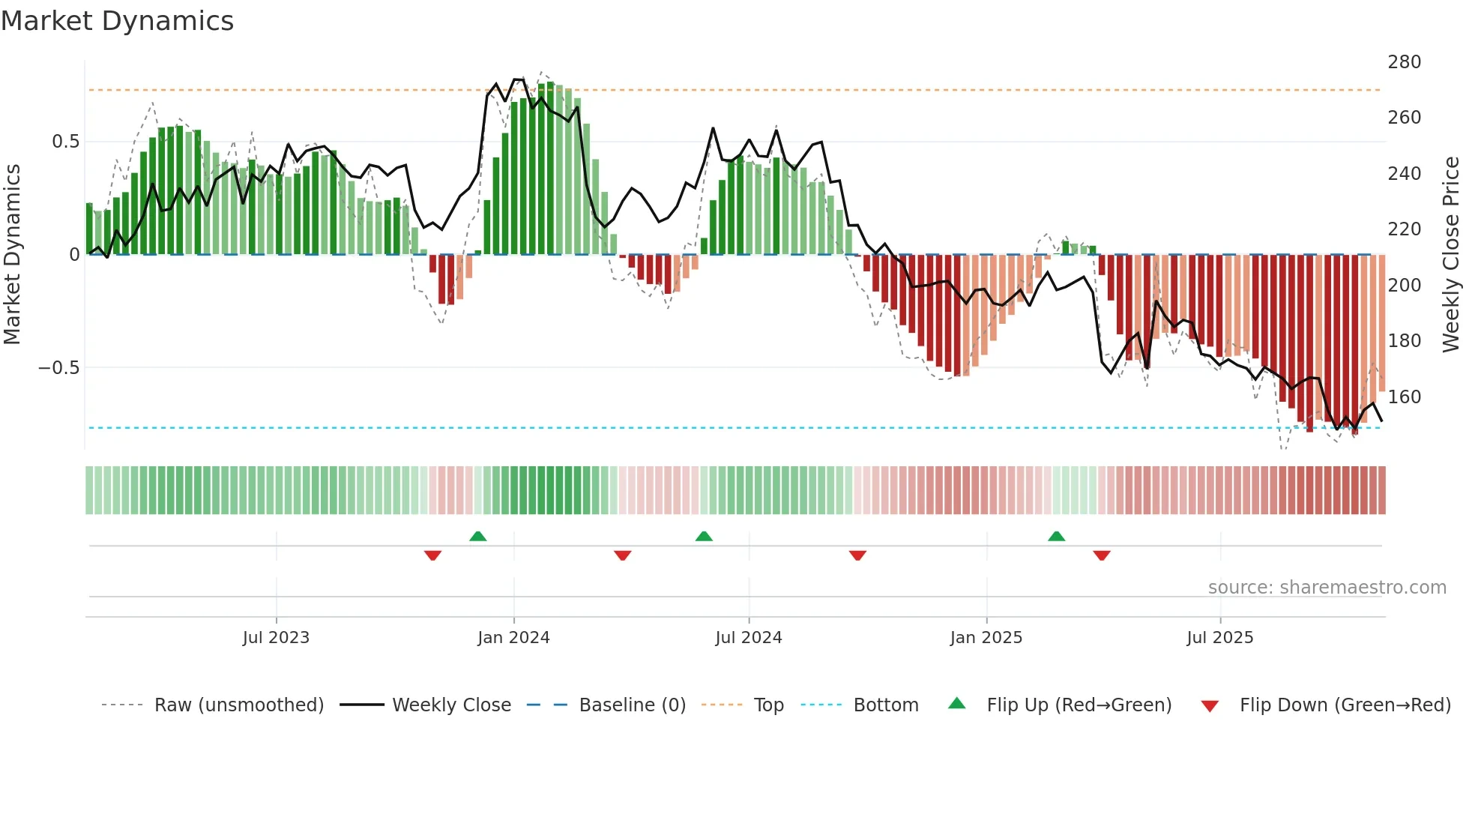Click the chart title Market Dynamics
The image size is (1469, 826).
click(117, 21)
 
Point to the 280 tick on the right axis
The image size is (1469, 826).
click(1404, 62)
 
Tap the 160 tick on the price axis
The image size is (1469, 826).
click(1404, 397)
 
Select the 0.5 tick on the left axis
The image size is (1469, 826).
click(65, 142)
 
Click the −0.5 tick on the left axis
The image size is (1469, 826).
click(59, 368)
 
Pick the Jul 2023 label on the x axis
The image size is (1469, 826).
click(276, 638)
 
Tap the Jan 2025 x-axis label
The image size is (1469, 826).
click(986, 638)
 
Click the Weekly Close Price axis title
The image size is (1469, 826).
click(1451, 255)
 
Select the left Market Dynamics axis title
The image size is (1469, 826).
click(12, 255)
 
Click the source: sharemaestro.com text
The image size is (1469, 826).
click(1327, 588)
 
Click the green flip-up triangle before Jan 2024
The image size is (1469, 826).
click(477, 536)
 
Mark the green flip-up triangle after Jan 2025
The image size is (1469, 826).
click(1056, 536)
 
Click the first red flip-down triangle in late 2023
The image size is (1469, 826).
click(432, 555)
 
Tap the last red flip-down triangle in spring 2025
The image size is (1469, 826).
click(1101, 555)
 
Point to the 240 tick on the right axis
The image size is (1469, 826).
click(1404, 174)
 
